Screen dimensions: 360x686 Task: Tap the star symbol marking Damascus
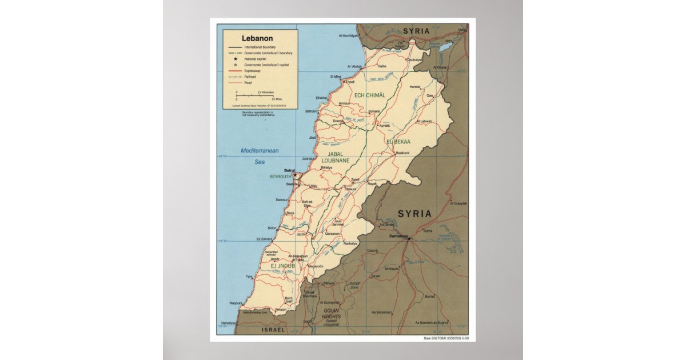pos(409,239)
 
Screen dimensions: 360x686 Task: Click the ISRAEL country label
pos(273,330)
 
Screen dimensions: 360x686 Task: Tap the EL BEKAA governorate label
pos(398,141)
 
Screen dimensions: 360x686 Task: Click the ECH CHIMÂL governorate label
pos(369,95)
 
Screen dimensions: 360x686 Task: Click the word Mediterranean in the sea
pos(259,150)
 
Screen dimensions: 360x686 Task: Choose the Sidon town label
pos(271,227)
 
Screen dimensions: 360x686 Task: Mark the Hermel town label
pos(414,87)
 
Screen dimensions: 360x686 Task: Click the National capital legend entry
pos(256,59)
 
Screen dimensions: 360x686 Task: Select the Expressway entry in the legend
pos(252,71)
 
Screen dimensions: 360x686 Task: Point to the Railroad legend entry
pos(250,77)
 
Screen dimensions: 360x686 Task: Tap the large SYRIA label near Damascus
pos(414,214)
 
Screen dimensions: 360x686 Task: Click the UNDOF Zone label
pos(354,284)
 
